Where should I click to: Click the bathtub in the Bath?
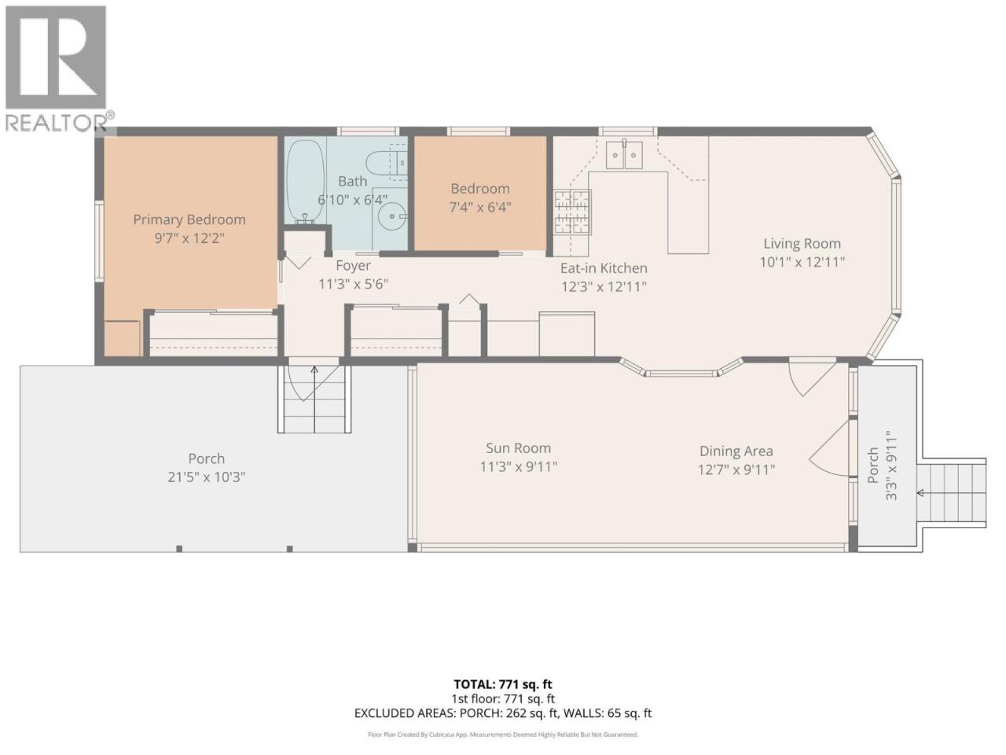305,182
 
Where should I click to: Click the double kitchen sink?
624,155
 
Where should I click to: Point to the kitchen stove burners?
573,212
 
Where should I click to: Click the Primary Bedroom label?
189,219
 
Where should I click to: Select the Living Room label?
802,244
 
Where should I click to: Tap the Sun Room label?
519,447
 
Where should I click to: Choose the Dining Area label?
736,451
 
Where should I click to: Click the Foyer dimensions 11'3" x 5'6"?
353,284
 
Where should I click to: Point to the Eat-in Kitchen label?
604,268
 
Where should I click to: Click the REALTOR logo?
57,68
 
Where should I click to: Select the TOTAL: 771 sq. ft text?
503,684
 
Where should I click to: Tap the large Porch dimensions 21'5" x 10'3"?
206,477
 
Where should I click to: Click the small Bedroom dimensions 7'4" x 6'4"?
480,207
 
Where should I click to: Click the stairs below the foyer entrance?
314,399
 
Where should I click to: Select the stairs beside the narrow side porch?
952,492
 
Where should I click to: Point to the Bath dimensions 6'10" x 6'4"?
352,200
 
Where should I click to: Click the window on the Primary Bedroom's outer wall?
99,241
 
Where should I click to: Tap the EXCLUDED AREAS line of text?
503,713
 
